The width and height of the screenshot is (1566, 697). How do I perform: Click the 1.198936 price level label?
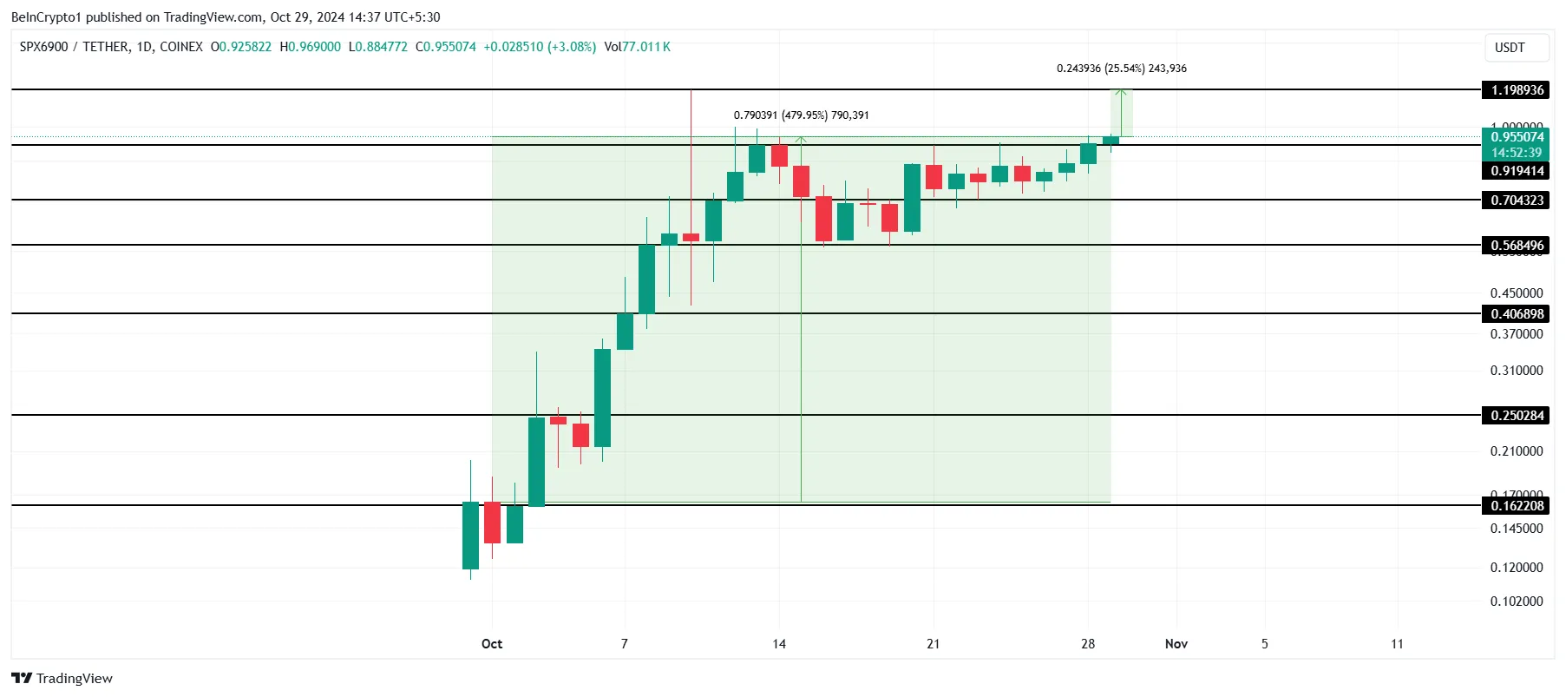pos(1517,90)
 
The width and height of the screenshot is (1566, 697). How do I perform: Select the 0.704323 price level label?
pos(1517,201)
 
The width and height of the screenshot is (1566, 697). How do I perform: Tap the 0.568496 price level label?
pos(1517,246)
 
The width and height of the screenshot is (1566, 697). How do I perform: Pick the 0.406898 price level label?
pos(1517,314)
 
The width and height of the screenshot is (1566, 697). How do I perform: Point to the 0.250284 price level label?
pos(1517,416)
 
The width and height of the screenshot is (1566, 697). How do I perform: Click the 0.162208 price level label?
pos(1517,506)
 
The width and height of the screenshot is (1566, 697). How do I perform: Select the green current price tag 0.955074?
pos(1517,137)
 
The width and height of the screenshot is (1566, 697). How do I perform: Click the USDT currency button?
pos(1510,48)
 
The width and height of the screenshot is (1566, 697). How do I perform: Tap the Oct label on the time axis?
pos(492,644)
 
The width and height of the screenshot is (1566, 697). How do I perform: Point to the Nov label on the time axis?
pos(1176,644)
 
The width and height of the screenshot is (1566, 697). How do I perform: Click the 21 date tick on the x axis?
pos(933,644)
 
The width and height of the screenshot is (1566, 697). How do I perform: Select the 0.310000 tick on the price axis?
pos(1516,371)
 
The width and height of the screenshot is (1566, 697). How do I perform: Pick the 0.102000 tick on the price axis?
pos(1516,602)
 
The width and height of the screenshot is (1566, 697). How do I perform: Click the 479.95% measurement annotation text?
pos(801,115)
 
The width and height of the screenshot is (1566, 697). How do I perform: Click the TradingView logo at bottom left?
pos(62,679)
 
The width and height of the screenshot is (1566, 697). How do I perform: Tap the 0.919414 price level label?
pos(1517,171)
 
